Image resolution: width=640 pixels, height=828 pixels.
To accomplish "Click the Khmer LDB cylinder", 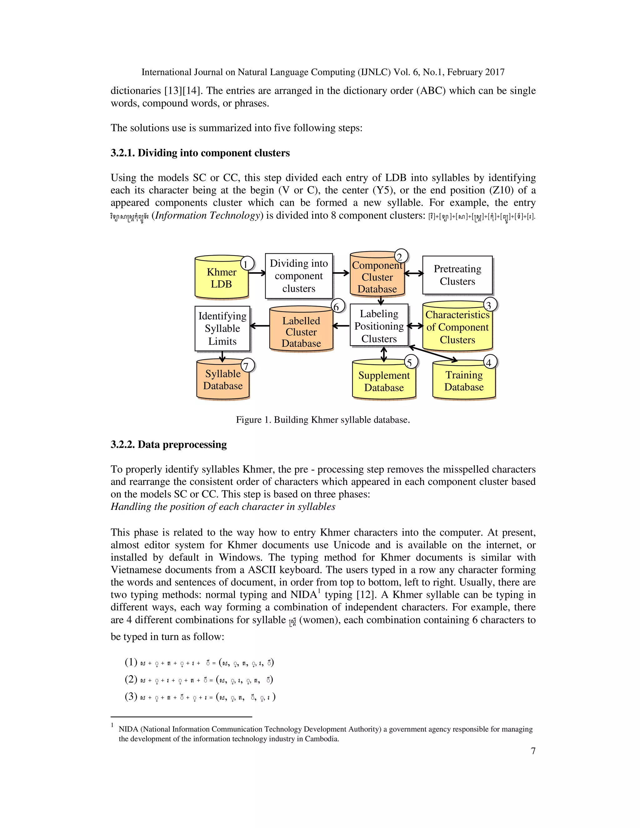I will (x=222, y=278).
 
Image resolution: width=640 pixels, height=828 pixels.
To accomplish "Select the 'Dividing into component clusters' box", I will (x=299, y=276).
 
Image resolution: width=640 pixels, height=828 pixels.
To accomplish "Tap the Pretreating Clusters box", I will (x=457, y=275).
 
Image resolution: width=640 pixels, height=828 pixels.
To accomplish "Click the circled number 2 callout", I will (x=401, y=256).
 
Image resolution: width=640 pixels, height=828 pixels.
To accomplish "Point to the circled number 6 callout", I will (x=337, y=306).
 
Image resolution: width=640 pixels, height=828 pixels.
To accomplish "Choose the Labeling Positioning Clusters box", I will (x=379, y=326).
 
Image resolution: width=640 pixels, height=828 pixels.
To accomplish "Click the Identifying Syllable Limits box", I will (x=222, y=328).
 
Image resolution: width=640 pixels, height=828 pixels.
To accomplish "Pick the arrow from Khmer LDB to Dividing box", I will (x=257, y=273).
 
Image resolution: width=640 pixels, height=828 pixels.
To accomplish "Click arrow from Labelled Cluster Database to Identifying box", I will (x=260, y=325).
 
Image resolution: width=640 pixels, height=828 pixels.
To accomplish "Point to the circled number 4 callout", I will (x=489, y=362).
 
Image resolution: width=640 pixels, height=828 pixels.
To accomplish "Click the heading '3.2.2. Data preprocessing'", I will (x=169, y=444).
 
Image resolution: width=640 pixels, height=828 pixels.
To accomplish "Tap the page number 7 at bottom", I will (x=533, y=751).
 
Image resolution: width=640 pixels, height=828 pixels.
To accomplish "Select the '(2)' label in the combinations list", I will (x=131, y=679).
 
